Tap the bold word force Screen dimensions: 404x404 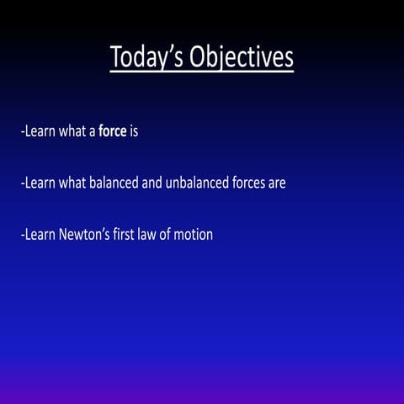coord(113,132)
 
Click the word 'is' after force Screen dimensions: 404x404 coord(134,132)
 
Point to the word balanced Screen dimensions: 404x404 coord(114,183)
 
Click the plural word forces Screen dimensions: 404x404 coord(250,183)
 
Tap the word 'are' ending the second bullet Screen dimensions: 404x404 coord(278,183)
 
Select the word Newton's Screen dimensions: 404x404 coord(87,235)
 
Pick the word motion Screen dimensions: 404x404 coord(193,235)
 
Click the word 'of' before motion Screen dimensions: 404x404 coord(167,235)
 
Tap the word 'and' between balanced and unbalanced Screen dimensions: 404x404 coord(152,183)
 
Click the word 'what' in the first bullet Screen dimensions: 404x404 coord(72,132)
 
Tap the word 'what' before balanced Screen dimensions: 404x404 coord(72,183)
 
